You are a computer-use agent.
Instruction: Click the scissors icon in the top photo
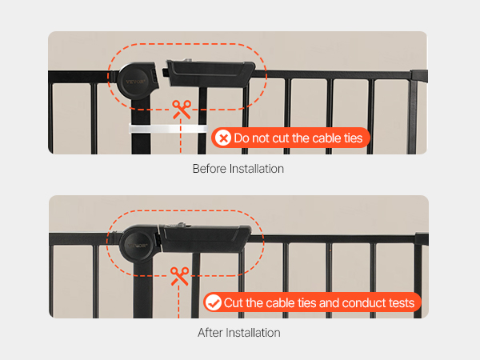(x=182, y=110)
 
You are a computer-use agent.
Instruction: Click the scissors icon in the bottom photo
(x=180, y=276)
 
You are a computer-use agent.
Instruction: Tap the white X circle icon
(x=223, y=138)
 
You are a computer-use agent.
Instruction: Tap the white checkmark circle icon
(x=214, y=302)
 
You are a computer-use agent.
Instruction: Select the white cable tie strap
(x=168, y=129)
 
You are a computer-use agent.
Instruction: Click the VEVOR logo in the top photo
(x=135, y=82)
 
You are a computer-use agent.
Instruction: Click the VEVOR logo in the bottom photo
(x=138, y=246)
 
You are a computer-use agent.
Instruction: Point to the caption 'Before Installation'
(x=238, y=169)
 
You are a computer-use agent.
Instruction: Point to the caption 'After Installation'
(x=238, y=333)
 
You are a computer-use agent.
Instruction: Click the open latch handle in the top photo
(x=209, y=73)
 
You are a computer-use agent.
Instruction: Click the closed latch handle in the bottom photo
(x=205, y=238)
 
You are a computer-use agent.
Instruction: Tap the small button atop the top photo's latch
(x=186, y=60)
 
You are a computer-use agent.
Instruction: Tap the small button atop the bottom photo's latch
(x=181, y=225)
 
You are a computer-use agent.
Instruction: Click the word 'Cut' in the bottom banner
(x=234, y=302)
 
